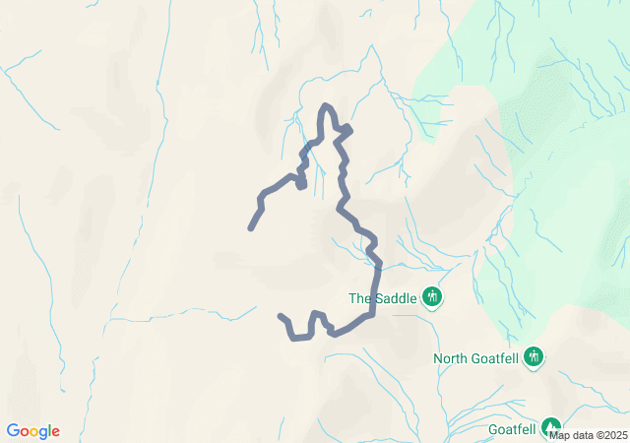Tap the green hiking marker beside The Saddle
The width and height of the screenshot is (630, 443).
tap(431, 296)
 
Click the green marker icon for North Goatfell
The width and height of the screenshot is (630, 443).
tap(534, 356)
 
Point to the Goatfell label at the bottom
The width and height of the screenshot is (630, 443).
tap(512, 429)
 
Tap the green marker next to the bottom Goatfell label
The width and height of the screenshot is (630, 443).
tap(551, 426)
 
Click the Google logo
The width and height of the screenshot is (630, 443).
tap(33, 431)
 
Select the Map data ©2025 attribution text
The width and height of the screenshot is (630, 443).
tap(588, 434)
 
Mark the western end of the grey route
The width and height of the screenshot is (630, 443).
tap(251, 228)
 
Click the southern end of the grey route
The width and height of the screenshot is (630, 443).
tap(282, 316)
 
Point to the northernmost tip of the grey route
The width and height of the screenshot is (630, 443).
tap(326, 105)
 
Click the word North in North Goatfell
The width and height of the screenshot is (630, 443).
tap(452, 358)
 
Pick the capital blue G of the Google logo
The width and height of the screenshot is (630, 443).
tap(13, 431)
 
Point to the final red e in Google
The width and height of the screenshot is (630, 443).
tap(55, 432)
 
